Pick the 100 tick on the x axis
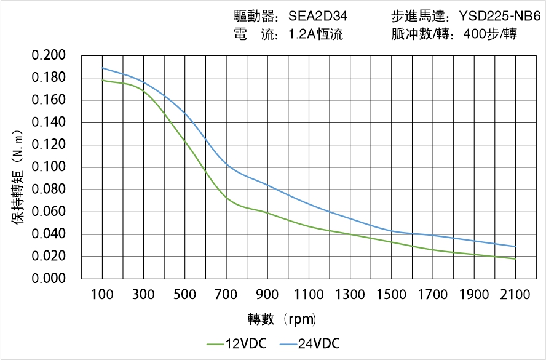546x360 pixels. tap(102, 295)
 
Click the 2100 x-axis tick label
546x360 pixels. tap(515, 295)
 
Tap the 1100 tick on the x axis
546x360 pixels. tap(309, 295)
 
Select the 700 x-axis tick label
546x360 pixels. tap(226, 295)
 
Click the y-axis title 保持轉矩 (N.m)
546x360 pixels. tap(18, 175)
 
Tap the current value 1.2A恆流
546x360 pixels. tap(315, 34)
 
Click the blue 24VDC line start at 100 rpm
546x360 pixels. tap(102, 68)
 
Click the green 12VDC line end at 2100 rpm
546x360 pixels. tap(515, 259)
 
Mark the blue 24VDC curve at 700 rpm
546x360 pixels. tap(226, 164)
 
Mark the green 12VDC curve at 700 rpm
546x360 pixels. tap(226, 198)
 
